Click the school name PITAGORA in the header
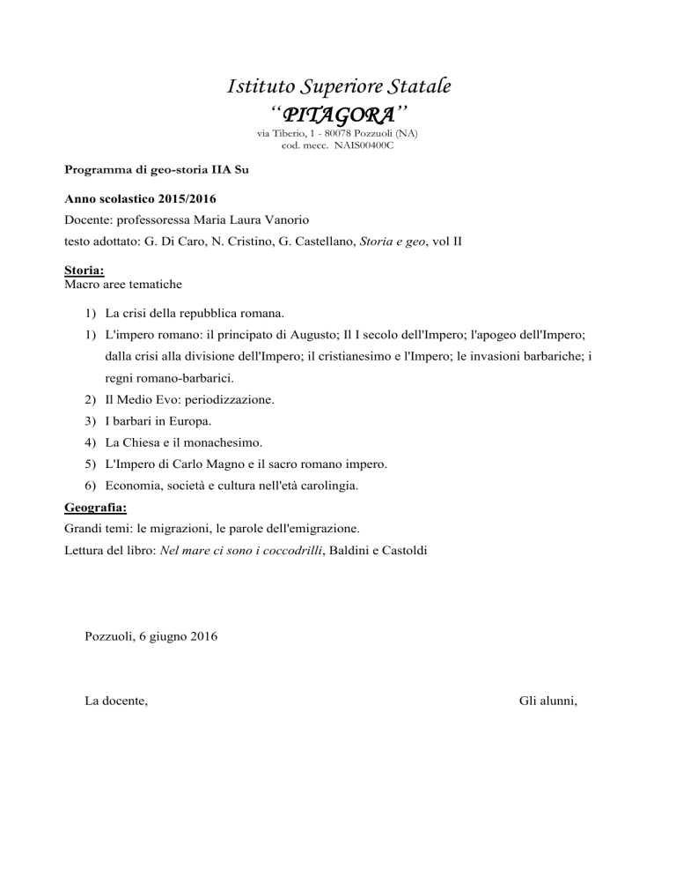(x=338, y=115)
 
